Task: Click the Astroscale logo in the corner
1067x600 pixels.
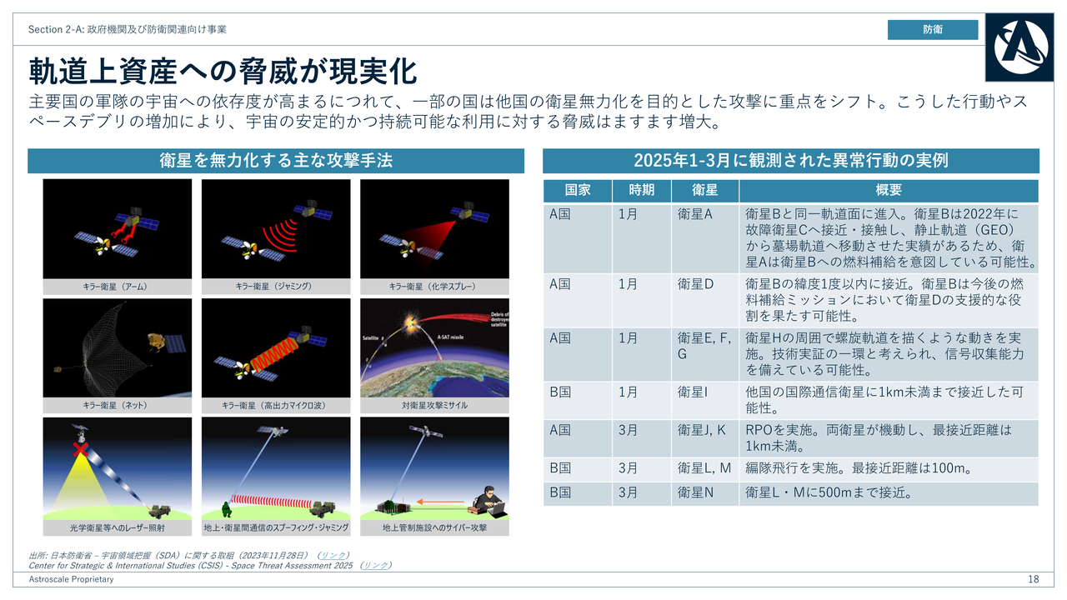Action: coord(1019,47)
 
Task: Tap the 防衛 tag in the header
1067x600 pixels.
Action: coord(933,29)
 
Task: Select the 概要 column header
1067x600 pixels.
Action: coord(889,191)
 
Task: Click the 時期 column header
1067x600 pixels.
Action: coord(641,191)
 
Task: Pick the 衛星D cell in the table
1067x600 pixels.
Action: coord(695,284)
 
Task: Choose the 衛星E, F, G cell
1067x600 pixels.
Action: coord(704,346)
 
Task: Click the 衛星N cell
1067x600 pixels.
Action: coord(695,492)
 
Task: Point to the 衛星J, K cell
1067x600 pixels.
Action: coord(701,431)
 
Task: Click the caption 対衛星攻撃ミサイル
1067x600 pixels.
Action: coord(434,405)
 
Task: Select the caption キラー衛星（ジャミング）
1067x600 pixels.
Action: coord(276,286)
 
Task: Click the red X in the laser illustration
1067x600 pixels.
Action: coord(81,449)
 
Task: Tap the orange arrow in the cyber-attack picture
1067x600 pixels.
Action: coord(440,502)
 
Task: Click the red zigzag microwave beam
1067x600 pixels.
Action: coord(273,356)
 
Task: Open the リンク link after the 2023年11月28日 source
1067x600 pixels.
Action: coord(333,555)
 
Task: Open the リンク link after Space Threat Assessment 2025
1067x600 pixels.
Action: coord(375,565)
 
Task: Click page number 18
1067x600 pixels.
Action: coord(1033,579)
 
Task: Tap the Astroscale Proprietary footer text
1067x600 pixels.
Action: coord(71,579)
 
